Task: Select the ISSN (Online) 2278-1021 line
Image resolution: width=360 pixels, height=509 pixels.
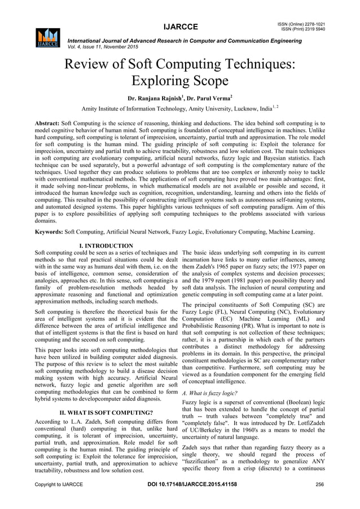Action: [x=304, y=23]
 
